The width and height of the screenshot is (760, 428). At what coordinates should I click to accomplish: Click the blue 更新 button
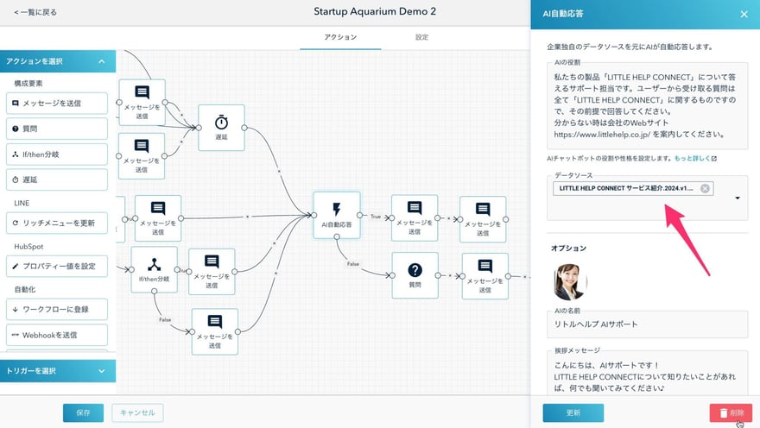coord(573,412)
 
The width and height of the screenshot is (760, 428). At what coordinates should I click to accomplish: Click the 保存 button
coord(83,412)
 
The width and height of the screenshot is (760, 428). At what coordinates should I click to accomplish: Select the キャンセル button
coord(137,412)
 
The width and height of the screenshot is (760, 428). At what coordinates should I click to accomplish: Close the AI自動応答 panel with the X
coord(744,14)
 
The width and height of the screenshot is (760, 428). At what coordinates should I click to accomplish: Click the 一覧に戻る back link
coord(35,13)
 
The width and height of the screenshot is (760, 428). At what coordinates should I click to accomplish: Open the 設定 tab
coord(421,38)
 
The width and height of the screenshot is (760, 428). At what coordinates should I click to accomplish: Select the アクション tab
coord(340,38)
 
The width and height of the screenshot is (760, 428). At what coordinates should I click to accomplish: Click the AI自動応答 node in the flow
coord(335,215)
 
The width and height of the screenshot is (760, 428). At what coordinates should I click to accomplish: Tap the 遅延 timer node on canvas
coord(221,128)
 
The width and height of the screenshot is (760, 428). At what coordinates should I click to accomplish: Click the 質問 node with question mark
coord(415,274)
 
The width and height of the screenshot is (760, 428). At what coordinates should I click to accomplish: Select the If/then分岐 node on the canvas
coord(154,269)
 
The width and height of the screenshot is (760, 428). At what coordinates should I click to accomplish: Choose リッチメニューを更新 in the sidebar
coord(59,223)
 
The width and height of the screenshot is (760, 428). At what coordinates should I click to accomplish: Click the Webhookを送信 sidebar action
coord(59,335)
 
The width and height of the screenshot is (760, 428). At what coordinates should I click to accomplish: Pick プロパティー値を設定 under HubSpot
coord(59,266)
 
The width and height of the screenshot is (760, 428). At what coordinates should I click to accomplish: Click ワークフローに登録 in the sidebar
coord(59,309)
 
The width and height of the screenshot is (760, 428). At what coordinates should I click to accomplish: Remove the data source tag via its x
coord(705,188)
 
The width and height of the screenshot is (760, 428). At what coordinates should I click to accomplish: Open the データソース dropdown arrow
coord(738,198)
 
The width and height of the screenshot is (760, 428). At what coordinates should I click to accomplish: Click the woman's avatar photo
coord(570,282)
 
